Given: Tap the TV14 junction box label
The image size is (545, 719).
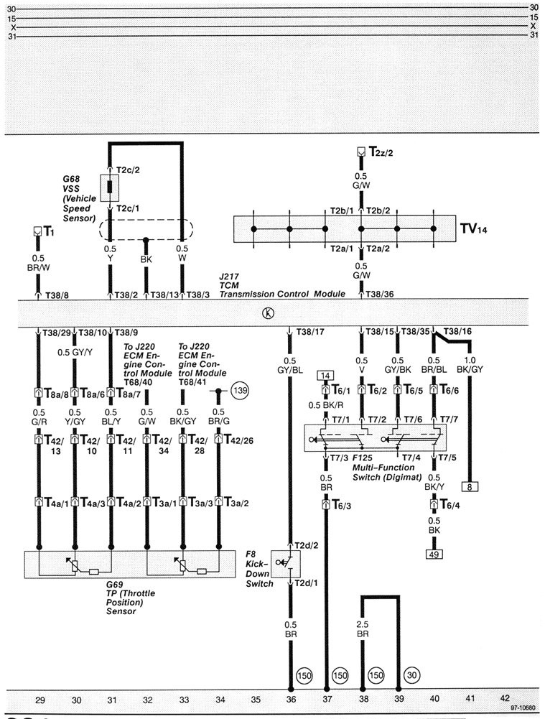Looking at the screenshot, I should pos(475,229).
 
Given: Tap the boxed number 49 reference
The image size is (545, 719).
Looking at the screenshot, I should pos(434,554).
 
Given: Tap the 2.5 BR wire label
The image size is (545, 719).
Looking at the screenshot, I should pos(363,630).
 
